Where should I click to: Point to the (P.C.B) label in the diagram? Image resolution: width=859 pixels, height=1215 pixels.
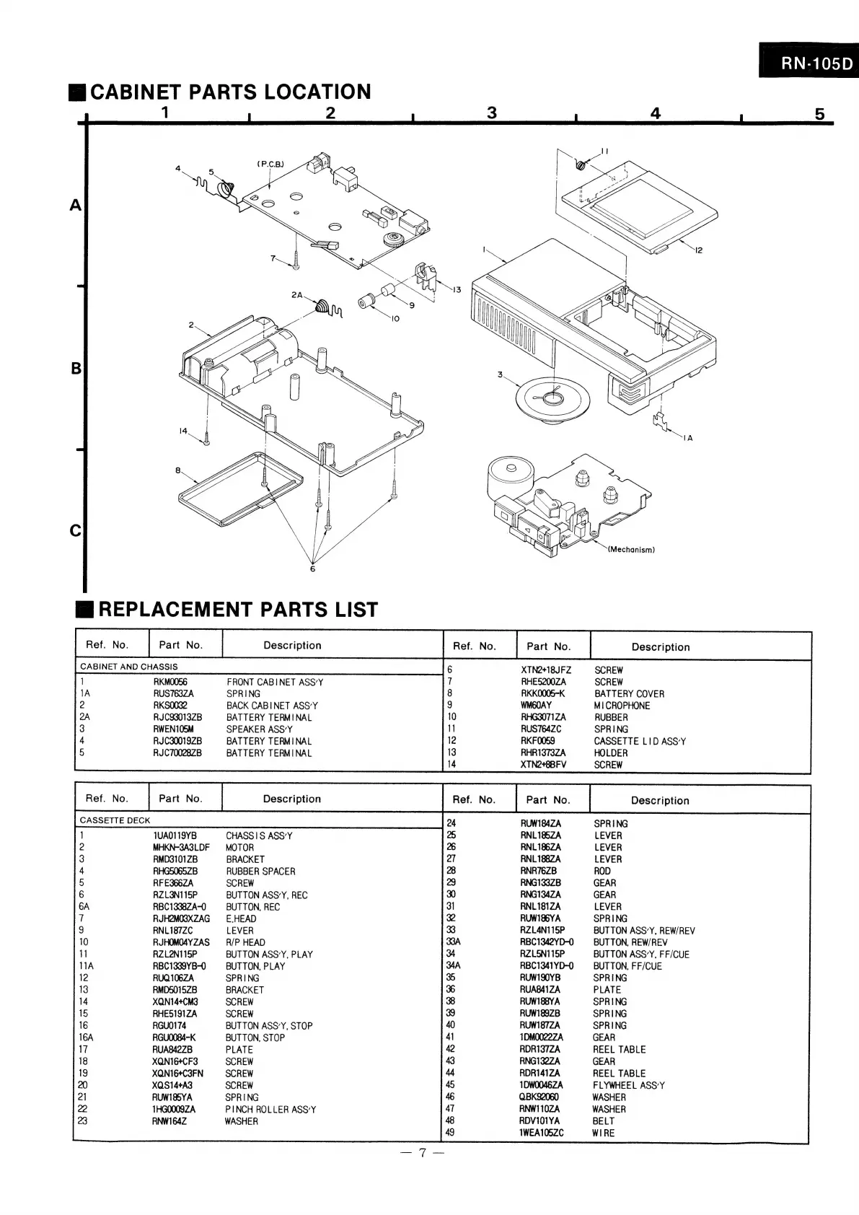[x=270, y=164]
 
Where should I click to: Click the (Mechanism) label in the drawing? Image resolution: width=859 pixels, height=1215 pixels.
[x=630, y=550]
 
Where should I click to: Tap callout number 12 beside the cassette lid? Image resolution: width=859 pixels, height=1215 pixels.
[x=698, y=250]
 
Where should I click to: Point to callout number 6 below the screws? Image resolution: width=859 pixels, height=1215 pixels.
[x=312, y=569]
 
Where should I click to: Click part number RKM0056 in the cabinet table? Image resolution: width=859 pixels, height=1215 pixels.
[x=170, y=682]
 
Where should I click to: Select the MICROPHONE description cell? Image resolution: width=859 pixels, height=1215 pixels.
[x=622, y=706]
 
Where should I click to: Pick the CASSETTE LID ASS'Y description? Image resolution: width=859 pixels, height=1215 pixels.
[x=640, y=741]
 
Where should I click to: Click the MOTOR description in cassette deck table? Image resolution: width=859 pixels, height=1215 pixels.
[x=239, y=848]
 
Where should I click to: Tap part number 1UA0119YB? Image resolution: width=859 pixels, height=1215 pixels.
[x=175, y=835]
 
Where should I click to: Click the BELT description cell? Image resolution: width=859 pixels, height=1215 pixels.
[x=604, y=1120]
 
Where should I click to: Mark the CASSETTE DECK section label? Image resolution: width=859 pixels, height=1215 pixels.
[x=115, y=820]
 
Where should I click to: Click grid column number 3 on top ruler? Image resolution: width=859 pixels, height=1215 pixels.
[x=492, y=113]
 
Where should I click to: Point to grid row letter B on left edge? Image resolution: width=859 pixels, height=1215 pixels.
[x=76, y=369]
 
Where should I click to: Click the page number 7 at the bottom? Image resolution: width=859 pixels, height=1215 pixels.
[x=423, y=1154]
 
